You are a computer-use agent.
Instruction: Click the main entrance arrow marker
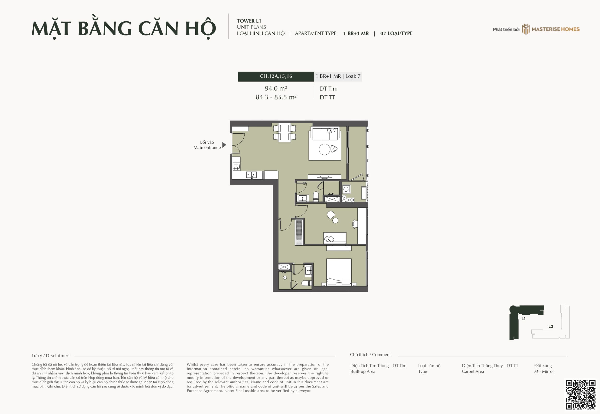click(x=224, y=145)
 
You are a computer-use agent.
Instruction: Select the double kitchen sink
click(x=251, y=175)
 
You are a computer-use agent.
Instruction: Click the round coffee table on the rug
click(x=324, y=149)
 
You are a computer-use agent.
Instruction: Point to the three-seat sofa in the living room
click(x=325, y=134)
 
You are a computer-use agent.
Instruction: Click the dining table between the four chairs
click(x=284, y=132)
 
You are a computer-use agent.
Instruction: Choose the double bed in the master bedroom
click(x=339, y=272)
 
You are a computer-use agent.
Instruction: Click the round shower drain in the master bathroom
click(x=285, y=278)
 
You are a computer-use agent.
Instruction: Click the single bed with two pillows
click(x=335, y=238)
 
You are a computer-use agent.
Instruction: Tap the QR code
click(x=581, y=395)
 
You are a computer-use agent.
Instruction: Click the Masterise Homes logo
click(x=551, y=29)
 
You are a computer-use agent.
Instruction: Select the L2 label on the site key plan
click(x=551, y=326)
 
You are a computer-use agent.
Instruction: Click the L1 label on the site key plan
click(x=523, y=318)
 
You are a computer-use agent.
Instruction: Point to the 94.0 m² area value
click(x=276, y=88)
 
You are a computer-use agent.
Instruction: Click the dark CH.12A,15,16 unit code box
click(x=276, y=77)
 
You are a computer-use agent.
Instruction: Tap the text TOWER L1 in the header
click(x=249, y=21)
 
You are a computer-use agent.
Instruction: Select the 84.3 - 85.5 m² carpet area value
click(x=276, y=97)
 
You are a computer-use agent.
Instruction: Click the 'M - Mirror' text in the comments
click(x=544, y=371)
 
